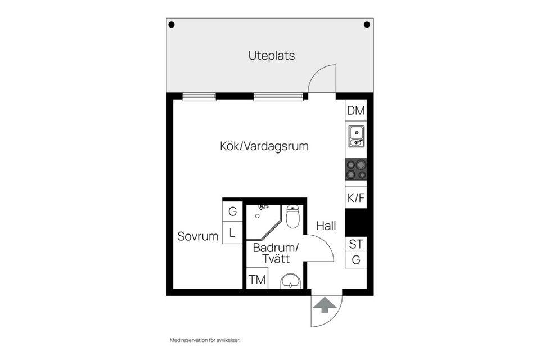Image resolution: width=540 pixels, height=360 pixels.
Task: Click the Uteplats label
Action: (272, 56)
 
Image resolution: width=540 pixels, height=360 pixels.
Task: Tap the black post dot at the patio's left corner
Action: (172, 25)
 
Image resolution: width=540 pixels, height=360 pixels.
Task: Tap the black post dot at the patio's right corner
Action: (367, 25)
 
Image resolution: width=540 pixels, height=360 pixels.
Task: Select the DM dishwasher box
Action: (355, 111)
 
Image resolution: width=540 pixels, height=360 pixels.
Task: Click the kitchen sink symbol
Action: (356, 136)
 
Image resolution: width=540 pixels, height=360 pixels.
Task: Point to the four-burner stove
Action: (356, 169)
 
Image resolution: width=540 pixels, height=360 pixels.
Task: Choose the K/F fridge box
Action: (355, 198)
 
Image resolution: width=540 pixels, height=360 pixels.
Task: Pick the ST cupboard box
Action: (355, 244)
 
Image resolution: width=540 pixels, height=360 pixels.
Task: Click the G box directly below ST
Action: (355, 260)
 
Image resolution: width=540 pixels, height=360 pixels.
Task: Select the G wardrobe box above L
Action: (232, 212)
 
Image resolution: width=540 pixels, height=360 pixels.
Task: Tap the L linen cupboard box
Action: (232, 232)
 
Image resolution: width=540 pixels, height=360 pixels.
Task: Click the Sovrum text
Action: (197, 237)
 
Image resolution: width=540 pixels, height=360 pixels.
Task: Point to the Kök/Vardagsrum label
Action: (264, 146)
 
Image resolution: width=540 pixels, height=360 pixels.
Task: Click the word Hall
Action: (326, 226)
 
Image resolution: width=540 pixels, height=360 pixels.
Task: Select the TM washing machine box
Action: (257, 279)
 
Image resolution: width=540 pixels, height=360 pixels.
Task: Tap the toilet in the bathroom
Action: (292, 217)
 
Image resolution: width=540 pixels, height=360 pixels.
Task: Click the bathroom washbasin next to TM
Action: (291, 281)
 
